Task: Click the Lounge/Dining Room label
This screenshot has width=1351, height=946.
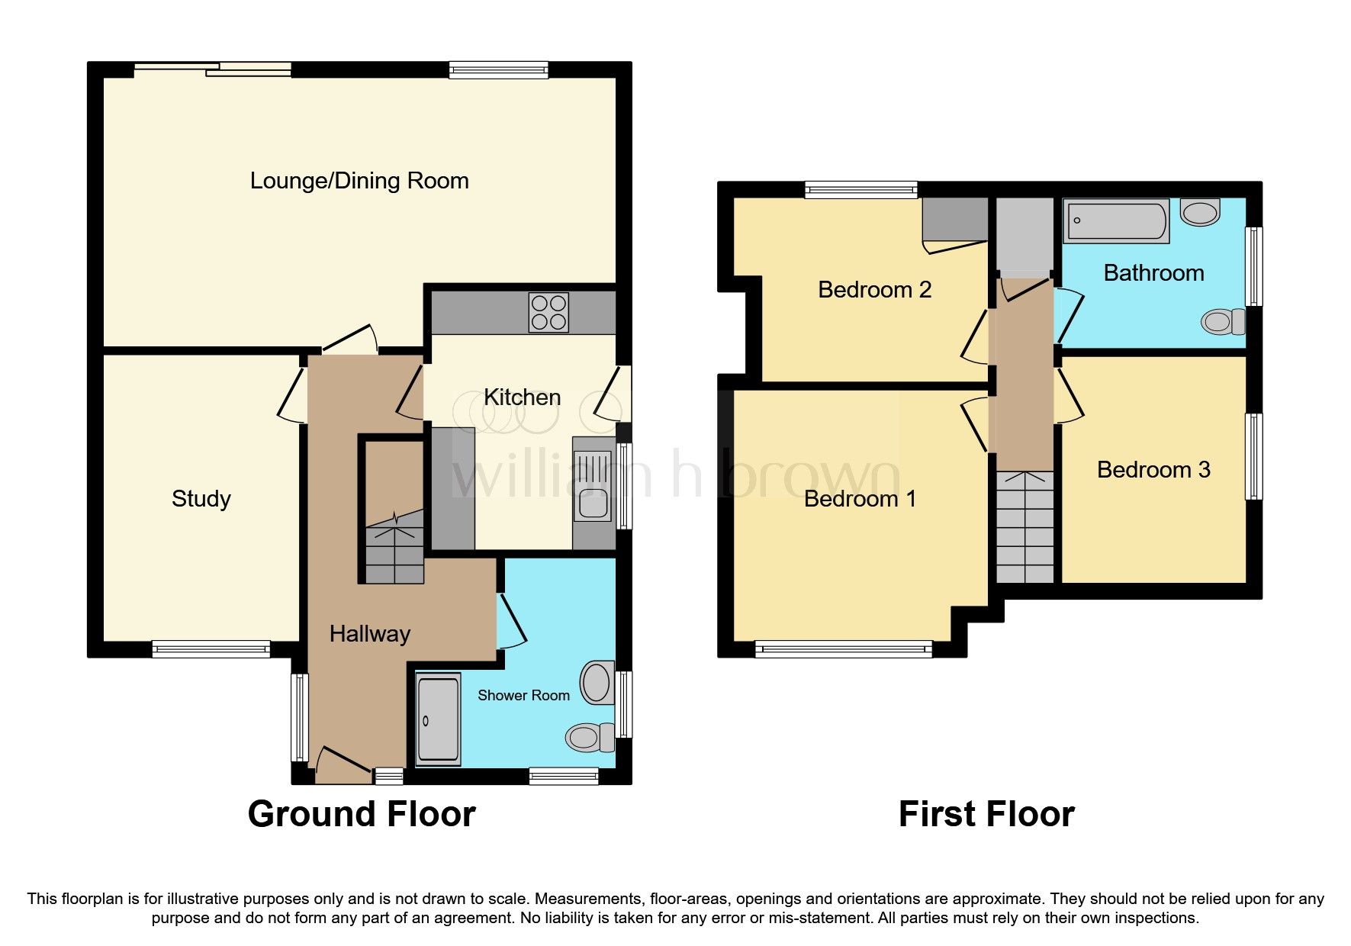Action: [359, 181]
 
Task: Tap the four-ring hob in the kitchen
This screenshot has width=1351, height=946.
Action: [548, 313]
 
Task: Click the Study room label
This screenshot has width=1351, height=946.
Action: [201, 499]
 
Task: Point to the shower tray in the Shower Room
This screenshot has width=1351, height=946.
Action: [439, 719]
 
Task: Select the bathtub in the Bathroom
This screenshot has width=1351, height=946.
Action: [1116, 221]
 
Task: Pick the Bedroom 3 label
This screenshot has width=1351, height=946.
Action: [1153, 470]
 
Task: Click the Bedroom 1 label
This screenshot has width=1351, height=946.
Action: [859, 499]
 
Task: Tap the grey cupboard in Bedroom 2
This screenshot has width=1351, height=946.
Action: [954, 220]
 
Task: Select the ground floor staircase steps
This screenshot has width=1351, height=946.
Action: [394, 553]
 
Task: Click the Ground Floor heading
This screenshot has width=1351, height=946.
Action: [362, 814]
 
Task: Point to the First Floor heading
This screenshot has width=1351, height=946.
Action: [986, 814]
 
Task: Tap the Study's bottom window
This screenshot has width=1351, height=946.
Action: [211, 649]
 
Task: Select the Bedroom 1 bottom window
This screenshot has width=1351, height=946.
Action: [844, 649]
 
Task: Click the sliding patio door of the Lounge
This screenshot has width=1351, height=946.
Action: [213, 69]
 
